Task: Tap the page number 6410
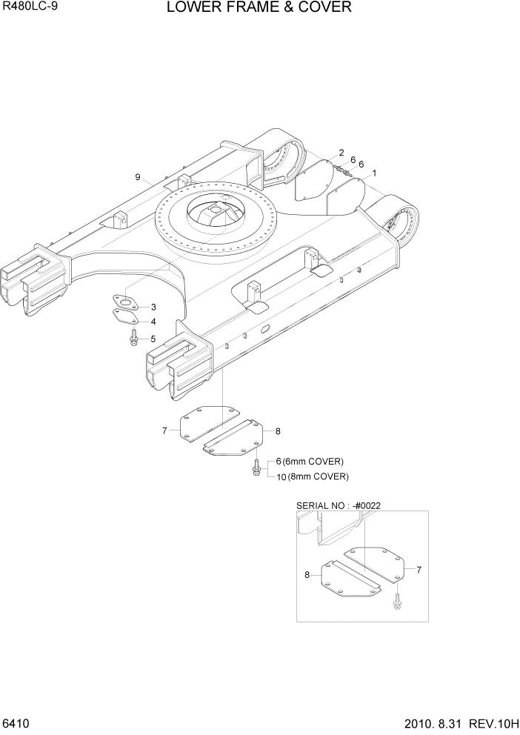point(16,722)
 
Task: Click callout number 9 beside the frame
point(138,176)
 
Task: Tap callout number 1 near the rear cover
point(375,173)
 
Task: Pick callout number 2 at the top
point(341,153)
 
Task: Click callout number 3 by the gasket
point(153,307)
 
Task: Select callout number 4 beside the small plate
point(153,322)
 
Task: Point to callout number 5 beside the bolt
point(153,339)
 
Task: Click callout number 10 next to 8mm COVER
point(281,476)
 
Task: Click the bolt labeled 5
point(133,338)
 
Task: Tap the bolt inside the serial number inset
point(397,599)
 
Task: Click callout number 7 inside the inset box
point(419,570)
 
